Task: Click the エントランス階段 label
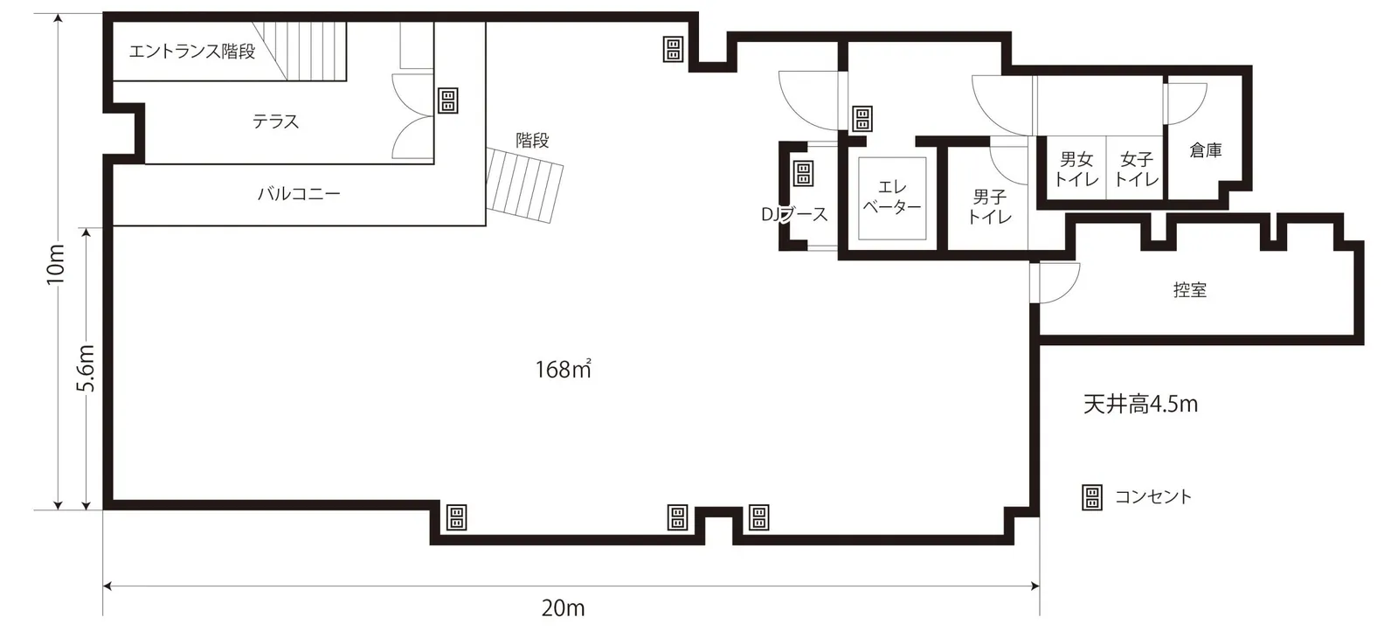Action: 192,52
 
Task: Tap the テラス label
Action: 276,121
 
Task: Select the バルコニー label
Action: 299,193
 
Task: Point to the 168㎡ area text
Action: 563,370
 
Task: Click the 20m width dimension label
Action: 563,608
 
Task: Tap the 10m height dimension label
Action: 56,265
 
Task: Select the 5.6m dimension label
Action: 86,368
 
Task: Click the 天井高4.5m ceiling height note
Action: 1140,405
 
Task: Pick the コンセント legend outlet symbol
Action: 1091,497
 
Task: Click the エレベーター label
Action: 892,197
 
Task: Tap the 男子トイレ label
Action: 989,206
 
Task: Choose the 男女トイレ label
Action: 1076,170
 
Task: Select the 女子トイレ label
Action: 1137,170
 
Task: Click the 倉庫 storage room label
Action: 1205,149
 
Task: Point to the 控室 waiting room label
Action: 1189,289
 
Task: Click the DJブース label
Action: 794,215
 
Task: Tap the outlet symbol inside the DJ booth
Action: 803,174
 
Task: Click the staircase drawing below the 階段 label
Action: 525,185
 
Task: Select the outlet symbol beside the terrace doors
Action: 448,101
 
